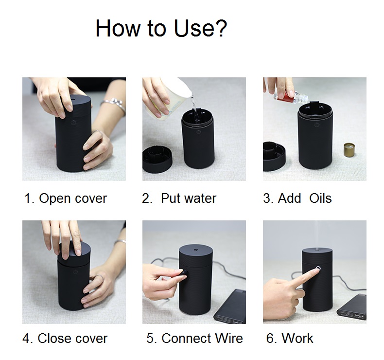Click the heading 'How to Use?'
pos(161,28)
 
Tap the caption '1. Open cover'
pos(66,198)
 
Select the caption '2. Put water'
pos(179,198)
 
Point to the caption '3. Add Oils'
pos(297,198)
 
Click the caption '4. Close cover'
pos(65,339)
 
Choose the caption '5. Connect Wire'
pos(195,339)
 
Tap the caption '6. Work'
pos(290,339)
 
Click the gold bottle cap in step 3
pos(349,150)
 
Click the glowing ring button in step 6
pos(318,269)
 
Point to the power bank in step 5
pos(230,307)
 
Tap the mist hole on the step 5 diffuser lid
pos(196,250)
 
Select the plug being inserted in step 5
pos(183,273)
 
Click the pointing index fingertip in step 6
pos(316,270)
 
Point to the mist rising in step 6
pos(317,235)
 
